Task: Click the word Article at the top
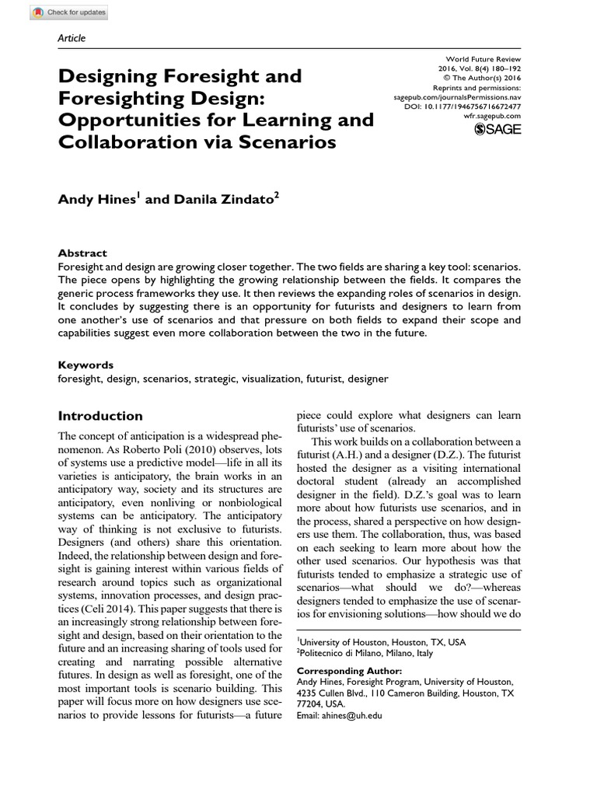[x=72, y=38]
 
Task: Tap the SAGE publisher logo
[x=497, y=128]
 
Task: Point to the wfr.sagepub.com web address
[x=491, y=115]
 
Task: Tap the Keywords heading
[x=86, y=364]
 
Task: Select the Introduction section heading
[x=100, y=416]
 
